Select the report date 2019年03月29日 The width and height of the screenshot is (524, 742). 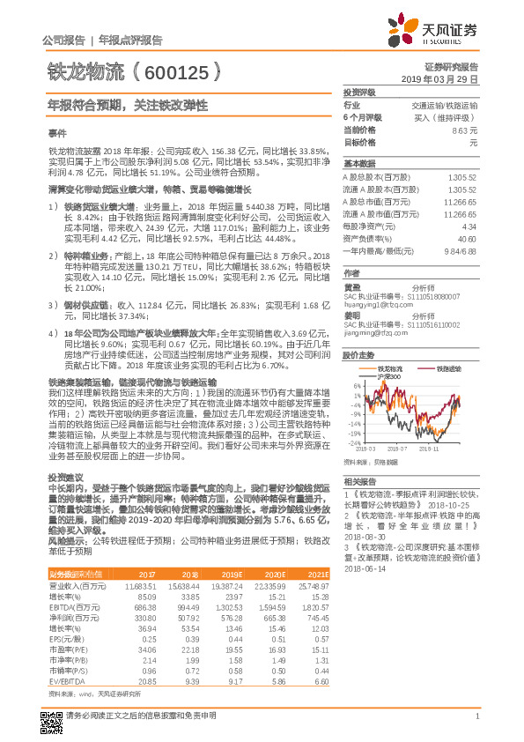[445, 78]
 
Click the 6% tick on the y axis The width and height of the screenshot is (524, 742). [355, 385]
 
